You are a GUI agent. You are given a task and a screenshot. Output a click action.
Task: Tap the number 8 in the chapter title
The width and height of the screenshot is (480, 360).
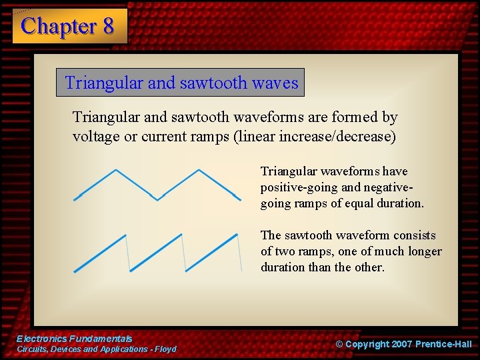point(108,26)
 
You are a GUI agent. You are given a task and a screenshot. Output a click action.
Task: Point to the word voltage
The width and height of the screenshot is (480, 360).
point(95,137)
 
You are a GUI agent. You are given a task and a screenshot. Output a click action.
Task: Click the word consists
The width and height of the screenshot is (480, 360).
point(414,235)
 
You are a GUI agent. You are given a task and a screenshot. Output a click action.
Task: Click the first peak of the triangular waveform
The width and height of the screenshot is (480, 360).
point(117,170)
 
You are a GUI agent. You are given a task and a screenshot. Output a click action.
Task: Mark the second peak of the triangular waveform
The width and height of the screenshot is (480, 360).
point(198,170)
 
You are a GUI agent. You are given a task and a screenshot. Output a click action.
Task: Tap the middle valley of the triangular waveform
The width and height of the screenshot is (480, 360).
point(157,198)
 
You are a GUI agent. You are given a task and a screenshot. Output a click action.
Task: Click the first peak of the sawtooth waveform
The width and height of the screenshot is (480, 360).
point(125,235)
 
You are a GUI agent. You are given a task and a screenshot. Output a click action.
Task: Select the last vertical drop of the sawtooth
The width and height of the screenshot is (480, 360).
point(239,253)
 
